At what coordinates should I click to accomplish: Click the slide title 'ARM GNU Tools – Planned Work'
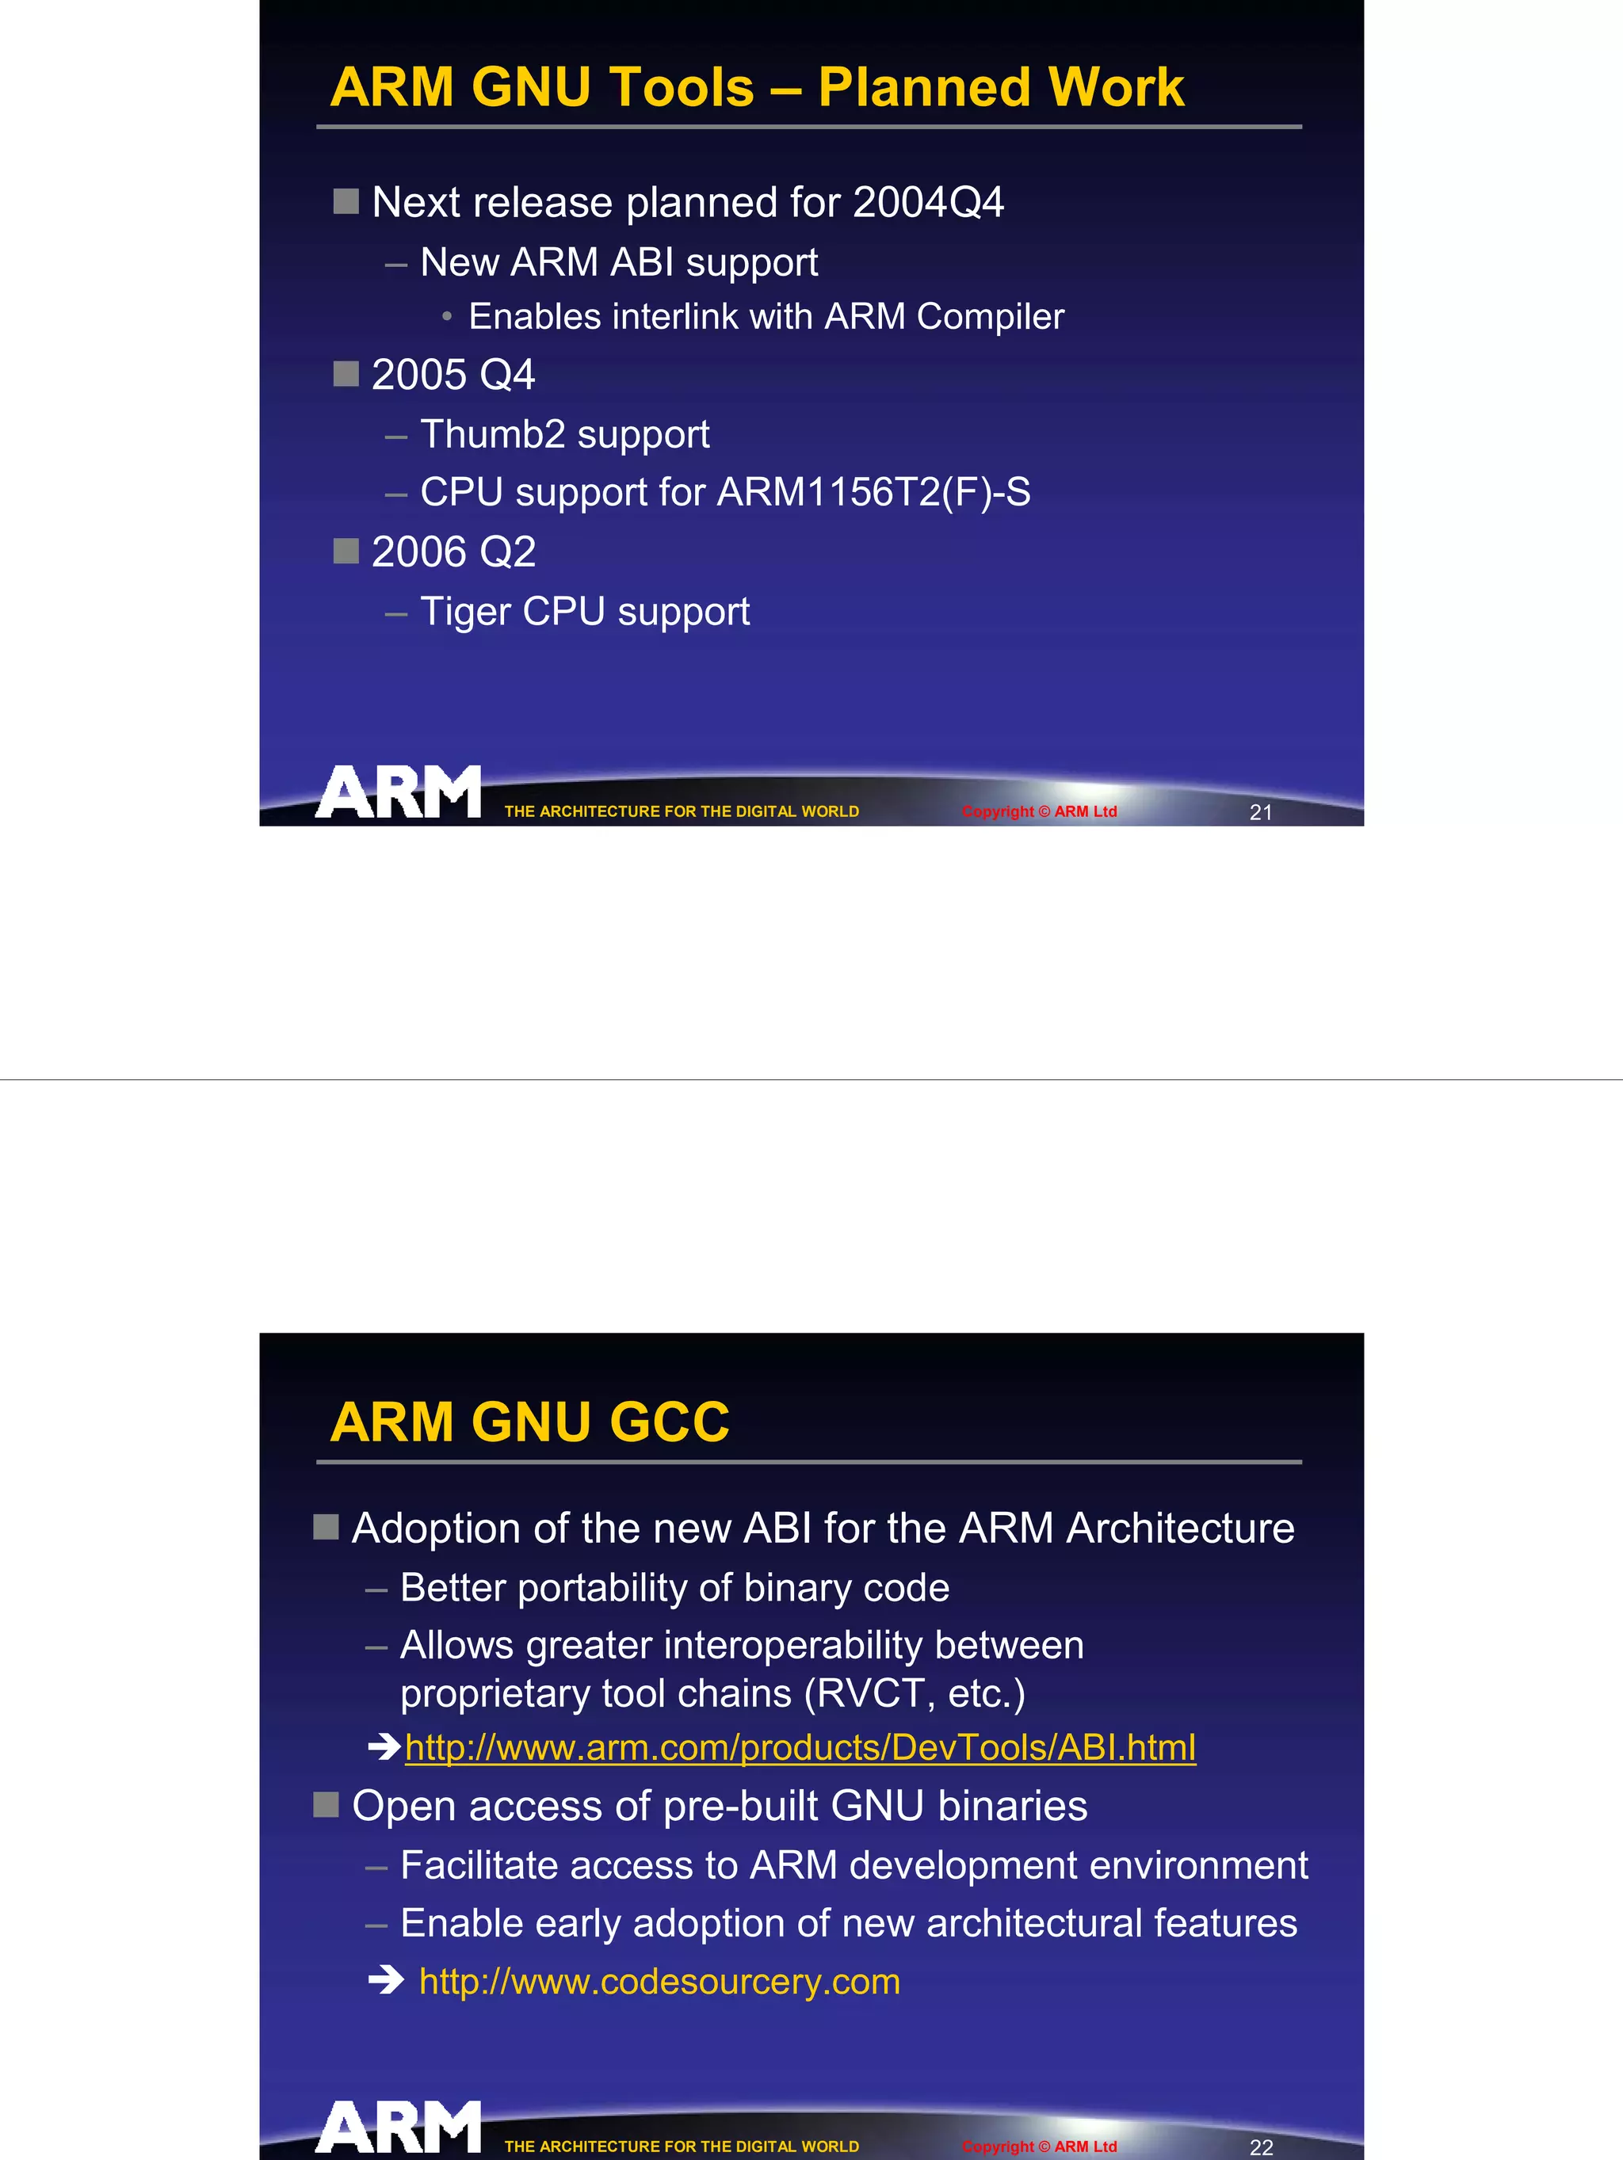click(757, 87)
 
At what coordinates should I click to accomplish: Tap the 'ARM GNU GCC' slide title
click(529, 1422)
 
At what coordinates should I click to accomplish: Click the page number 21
click(1261, 812)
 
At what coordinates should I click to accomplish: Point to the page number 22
click(1261, 2147)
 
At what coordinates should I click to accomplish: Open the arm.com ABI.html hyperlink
click(800, 1747)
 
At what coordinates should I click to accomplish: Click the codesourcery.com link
click(659, 1981)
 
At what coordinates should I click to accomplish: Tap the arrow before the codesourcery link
click(386, 1980)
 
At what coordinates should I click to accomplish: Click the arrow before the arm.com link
click(384, 1746)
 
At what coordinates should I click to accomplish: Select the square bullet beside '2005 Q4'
click(346, 374)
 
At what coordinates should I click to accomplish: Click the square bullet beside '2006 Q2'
click(346, 551)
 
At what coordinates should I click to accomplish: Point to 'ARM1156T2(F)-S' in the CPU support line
click(873, 492)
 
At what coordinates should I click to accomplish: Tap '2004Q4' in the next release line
click(928, 202)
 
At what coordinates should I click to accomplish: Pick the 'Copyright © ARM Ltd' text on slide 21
click(1039, 811)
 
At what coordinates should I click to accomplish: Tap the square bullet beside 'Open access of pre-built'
click(327, 1804)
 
